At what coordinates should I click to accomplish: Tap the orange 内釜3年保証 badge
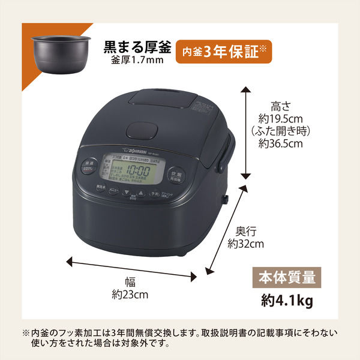point(224,53)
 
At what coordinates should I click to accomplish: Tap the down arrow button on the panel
point(127,195)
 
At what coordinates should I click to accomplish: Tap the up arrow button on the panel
point(140,195)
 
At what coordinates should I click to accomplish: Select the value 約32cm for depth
point(246,244)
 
